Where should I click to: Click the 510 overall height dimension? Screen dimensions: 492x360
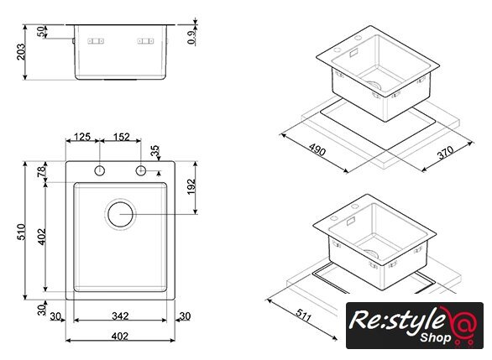[x=22, y=232]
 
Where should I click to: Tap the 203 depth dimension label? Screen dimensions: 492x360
[x=21, y=52]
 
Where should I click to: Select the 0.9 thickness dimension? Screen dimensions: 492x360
[x=191, y=37]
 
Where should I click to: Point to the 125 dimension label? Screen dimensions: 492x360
[x=82, y=137]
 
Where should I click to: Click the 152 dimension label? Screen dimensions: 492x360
[x=121, y=137]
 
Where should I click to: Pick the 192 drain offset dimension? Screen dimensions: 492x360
[x=191, y=186]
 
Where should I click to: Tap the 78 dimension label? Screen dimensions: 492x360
[x=41, y=172]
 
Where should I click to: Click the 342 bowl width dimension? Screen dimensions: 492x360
[x=120, y=316]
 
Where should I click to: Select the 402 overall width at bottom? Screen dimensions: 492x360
[x=120, y=337]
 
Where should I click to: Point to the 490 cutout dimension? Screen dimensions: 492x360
[x=317, y=149]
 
